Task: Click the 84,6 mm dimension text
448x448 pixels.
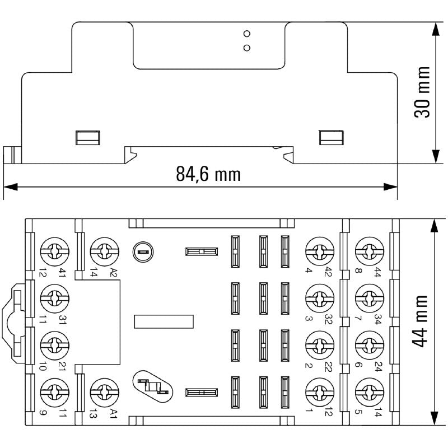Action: [x=208, y=174]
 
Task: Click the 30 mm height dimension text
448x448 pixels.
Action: [x=422, y=92]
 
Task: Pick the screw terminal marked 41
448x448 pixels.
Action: [x=54, y=251]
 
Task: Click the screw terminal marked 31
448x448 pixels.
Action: [x=54, y=297]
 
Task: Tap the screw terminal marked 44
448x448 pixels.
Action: [x=368, y=251]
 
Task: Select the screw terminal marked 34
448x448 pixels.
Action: [x=368, y=297]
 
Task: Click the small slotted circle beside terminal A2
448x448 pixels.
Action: [x=142, y=252]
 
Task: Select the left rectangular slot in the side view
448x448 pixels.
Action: [x=88, y=137]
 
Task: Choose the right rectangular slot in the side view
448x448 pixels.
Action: [x=331, y=137]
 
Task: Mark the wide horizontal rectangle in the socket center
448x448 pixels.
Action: [x=164, y=321]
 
